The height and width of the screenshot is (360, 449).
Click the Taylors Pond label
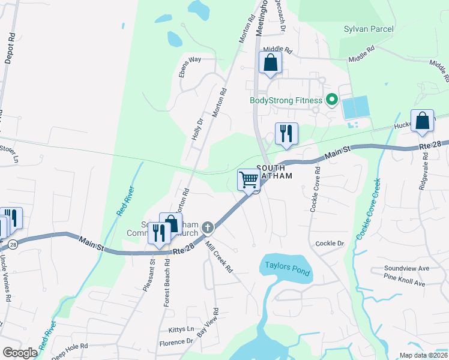286,268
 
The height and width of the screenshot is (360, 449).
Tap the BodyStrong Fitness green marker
330,101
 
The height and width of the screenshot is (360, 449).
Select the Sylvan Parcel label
369,29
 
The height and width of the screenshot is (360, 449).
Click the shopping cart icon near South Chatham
248,179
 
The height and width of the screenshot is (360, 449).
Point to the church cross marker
207,227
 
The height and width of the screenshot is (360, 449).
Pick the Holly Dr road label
197,129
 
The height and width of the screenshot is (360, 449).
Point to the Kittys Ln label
181,329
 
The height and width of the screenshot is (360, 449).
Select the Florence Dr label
176,343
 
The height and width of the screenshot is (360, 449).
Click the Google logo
20,353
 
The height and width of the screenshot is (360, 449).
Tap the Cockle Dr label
330,244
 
